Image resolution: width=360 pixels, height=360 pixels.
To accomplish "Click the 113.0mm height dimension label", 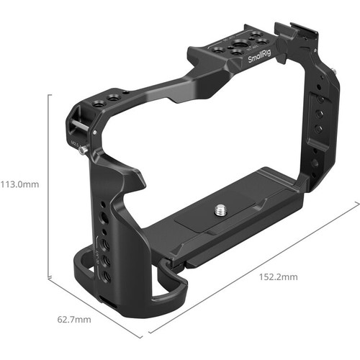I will click(x=20, y=184).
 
